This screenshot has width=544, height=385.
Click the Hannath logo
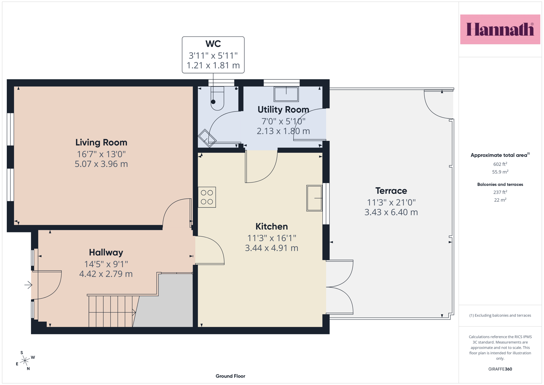(500, 29)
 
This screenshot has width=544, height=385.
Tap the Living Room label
(101, 143)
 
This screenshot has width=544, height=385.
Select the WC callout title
(213, 44)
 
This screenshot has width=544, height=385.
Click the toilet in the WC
(217, 98)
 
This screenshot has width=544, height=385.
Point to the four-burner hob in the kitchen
(207, 197)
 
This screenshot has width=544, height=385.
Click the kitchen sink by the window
(314, 198)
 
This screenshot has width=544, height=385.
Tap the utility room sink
(286, 94)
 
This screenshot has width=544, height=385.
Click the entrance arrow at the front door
(29, 285)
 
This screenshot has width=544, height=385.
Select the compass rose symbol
(25, 360)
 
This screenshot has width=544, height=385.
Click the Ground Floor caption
(230, 376)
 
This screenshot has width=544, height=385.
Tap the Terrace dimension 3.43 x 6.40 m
(391, 212)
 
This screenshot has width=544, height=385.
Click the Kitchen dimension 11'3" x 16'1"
(271, 238)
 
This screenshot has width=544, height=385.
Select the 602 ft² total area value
(500, 164)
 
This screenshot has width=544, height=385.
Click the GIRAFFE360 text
(500, 369)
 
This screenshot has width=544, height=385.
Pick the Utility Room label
(283, 110)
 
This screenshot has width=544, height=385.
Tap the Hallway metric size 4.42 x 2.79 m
(106, 274)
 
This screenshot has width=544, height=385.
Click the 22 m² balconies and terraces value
(500, 200)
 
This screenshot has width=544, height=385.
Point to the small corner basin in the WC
(207, 138)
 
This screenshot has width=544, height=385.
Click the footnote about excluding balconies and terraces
(500, 315)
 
